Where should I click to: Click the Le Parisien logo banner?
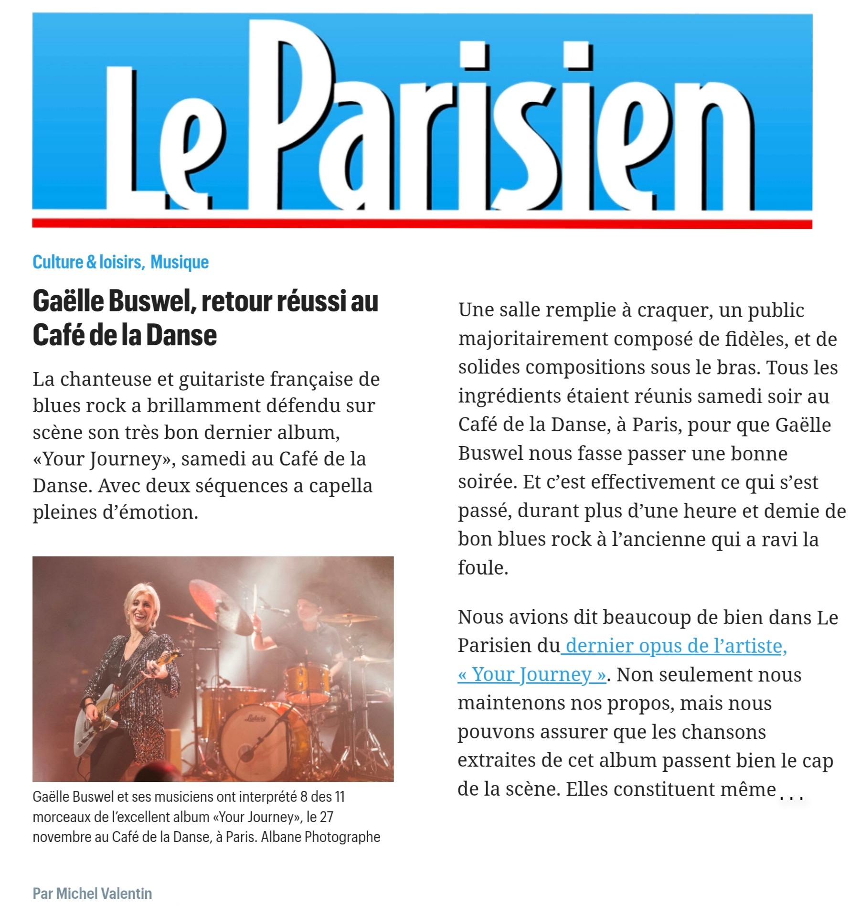pyautogui.click(x=422, y=115)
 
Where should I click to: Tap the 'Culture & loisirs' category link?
pyautogui.click(x=87, y=262)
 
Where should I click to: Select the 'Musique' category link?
pyautogui.click(x=180, y=262)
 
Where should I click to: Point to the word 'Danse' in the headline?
pyautogui.click(x=181, y=335)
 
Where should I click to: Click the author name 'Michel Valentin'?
pyautogui.click(x=104, y=894)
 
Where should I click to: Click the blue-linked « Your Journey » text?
pyautogui.click(x=532, y=674)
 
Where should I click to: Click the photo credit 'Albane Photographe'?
pyautogui.click(x=320, y=837)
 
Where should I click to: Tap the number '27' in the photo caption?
pyautogui.click(x=326, y=817)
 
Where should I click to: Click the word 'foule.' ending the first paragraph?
pyautogui.click(x=483, y=568)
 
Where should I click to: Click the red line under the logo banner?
pyautogui.click(x=422, y=224)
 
